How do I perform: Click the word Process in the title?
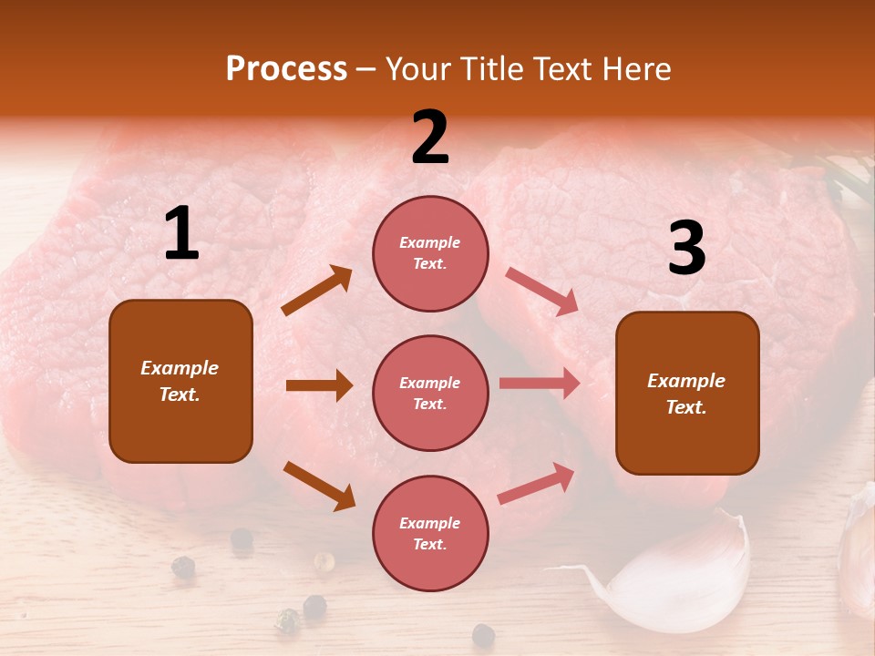[x=286, y=69]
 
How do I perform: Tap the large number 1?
[x=181, y=234]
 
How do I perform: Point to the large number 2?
[x=430, y=138]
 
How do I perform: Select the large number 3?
[x=686, y=249]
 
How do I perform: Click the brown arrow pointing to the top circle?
[x=317, y=291]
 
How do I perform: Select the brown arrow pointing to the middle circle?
[x=319, y=385]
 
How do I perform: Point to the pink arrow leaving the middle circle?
[x=540, y=384]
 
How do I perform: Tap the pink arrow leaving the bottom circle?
[x=537, y=483]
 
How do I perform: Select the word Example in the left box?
[x=180, y=368]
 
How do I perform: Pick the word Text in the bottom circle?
[x=428, y=544]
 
